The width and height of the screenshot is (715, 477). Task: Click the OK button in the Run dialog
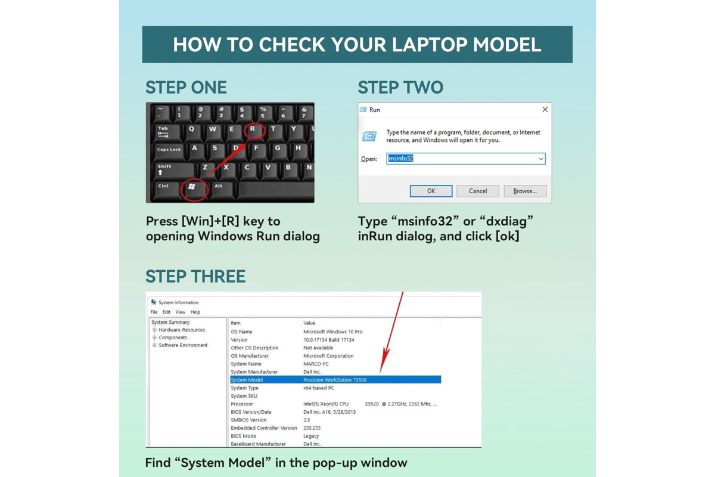[x=431, y=191]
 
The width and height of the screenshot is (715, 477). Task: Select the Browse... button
[x=525, y=191]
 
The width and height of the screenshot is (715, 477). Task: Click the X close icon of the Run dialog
[x=545, y=110]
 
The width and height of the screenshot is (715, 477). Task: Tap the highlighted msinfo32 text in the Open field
[x=400, y=159]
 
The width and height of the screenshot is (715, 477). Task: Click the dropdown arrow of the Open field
[x=541, y=159]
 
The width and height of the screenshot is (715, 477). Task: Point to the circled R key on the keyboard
[x=254, y=130]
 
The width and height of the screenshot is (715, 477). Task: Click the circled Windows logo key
[x=194, y=189]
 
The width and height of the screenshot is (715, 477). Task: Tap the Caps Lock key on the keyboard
[x=169, y=151]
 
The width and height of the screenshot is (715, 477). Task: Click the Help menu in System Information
[x=195, y=312]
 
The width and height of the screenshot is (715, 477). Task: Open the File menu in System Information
[x=154, y=312]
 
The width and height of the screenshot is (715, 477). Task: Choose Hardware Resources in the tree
[x=182, y=330]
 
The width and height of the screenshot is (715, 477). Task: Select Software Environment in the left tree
[x=183, y=345]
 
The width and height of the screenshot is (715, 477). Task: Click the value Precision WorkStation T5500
[x=335, y=380]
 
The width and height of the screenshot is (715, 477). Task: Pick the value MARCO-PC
[x=316, y=364]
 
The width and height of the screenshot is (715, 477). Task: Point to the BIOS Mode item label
[x=243, y=436]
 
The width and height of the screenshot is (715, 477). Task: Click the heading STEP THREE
[x=195, y=276]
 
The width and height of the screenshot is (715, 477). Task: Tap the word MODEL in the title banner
[x=507, y=44]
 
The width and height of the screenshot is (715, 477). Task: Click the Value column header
[x=309, y=323]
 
